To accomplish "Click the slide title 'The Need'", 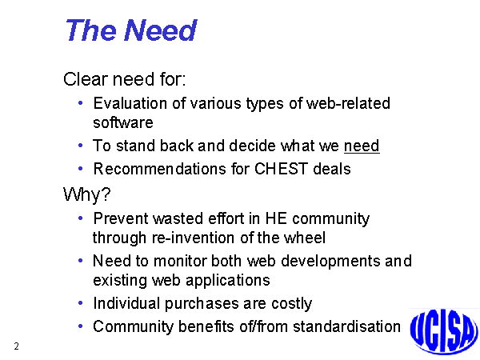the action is pyautogui.click(x=131, y=30).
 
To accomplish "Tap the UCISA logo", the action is pyautogui.click(x=444, y=332).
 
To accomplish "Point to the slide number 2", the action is pyautogui.click(x=17, y=346).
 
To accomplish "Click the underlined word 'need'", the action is pyautogui.click(x=362, y=146).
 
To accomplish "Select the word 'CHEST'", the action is pyautogui.click(x=281, y=169).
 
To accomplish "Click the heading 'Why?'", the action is pyautogui.click(x=86, y=194).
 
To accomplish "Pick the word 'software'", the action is pyautogui.click(x=122, y=122).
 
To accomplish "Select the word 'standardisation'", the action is pyautogui.click(x=346, y=326).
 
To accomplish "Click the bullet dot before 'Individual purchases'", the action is pyautogui.click(x=81, y=303).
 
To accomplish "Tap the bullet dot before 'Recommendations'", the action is pyautogui.click(x=81, y=168).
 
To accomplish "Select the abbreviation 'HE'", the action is pyautogui.click(x=276, y=218).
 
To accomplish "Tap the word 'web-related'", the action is pyautogui.click(x=348, y=103).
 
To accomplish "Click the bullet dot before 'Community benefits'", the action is pyautogui.click(x=81, y=326).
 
